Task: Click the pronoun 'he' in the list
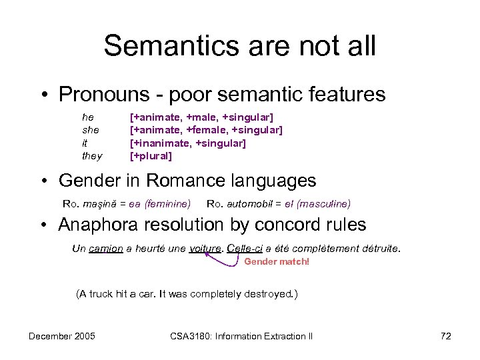coord(87,117)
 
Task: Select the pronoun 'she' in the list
coord(90,130)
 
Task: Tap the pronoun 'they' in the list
coord(92,157)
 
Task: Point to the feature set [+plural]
coord(151,157)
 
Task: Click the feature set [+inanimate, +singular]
coord(187,143)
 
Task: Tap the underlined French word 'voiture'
coord(205,249)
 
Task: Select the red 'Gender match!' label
coord(277,261)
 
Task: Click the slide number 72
coord(446,336)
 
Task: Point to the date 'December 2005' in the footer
coord(61,336)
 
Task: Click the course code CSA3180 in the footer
coord(191,336)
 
